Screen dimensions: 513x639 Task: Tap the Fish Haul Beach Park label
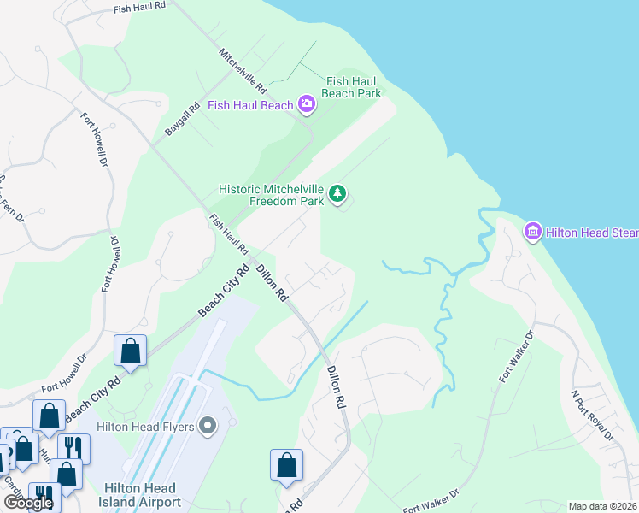[352, 87]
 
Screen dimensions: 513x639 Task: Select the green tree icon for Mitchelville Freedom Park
[338, 195]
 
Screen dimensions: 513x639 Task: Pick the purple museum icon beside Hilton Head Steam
[533, 231]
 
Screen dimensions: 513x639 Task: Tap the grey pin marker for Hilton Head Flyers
[208, 426]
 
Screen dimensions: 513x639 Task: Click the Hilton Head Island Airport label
[142, 495]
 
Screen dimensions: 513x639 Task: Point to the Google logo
[27, 503]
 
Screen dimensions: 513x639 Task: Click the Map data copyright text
[602, 506]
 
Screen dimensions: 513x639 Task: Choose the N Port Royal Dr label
[592, 416]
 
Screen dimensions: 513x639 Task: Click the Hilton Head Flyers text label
[146, 426]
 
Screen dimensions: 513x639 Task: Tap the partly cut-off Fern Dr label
[12, 197]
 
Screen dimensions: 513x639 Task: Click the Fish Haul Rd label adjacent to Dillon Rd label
[229, 234]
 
